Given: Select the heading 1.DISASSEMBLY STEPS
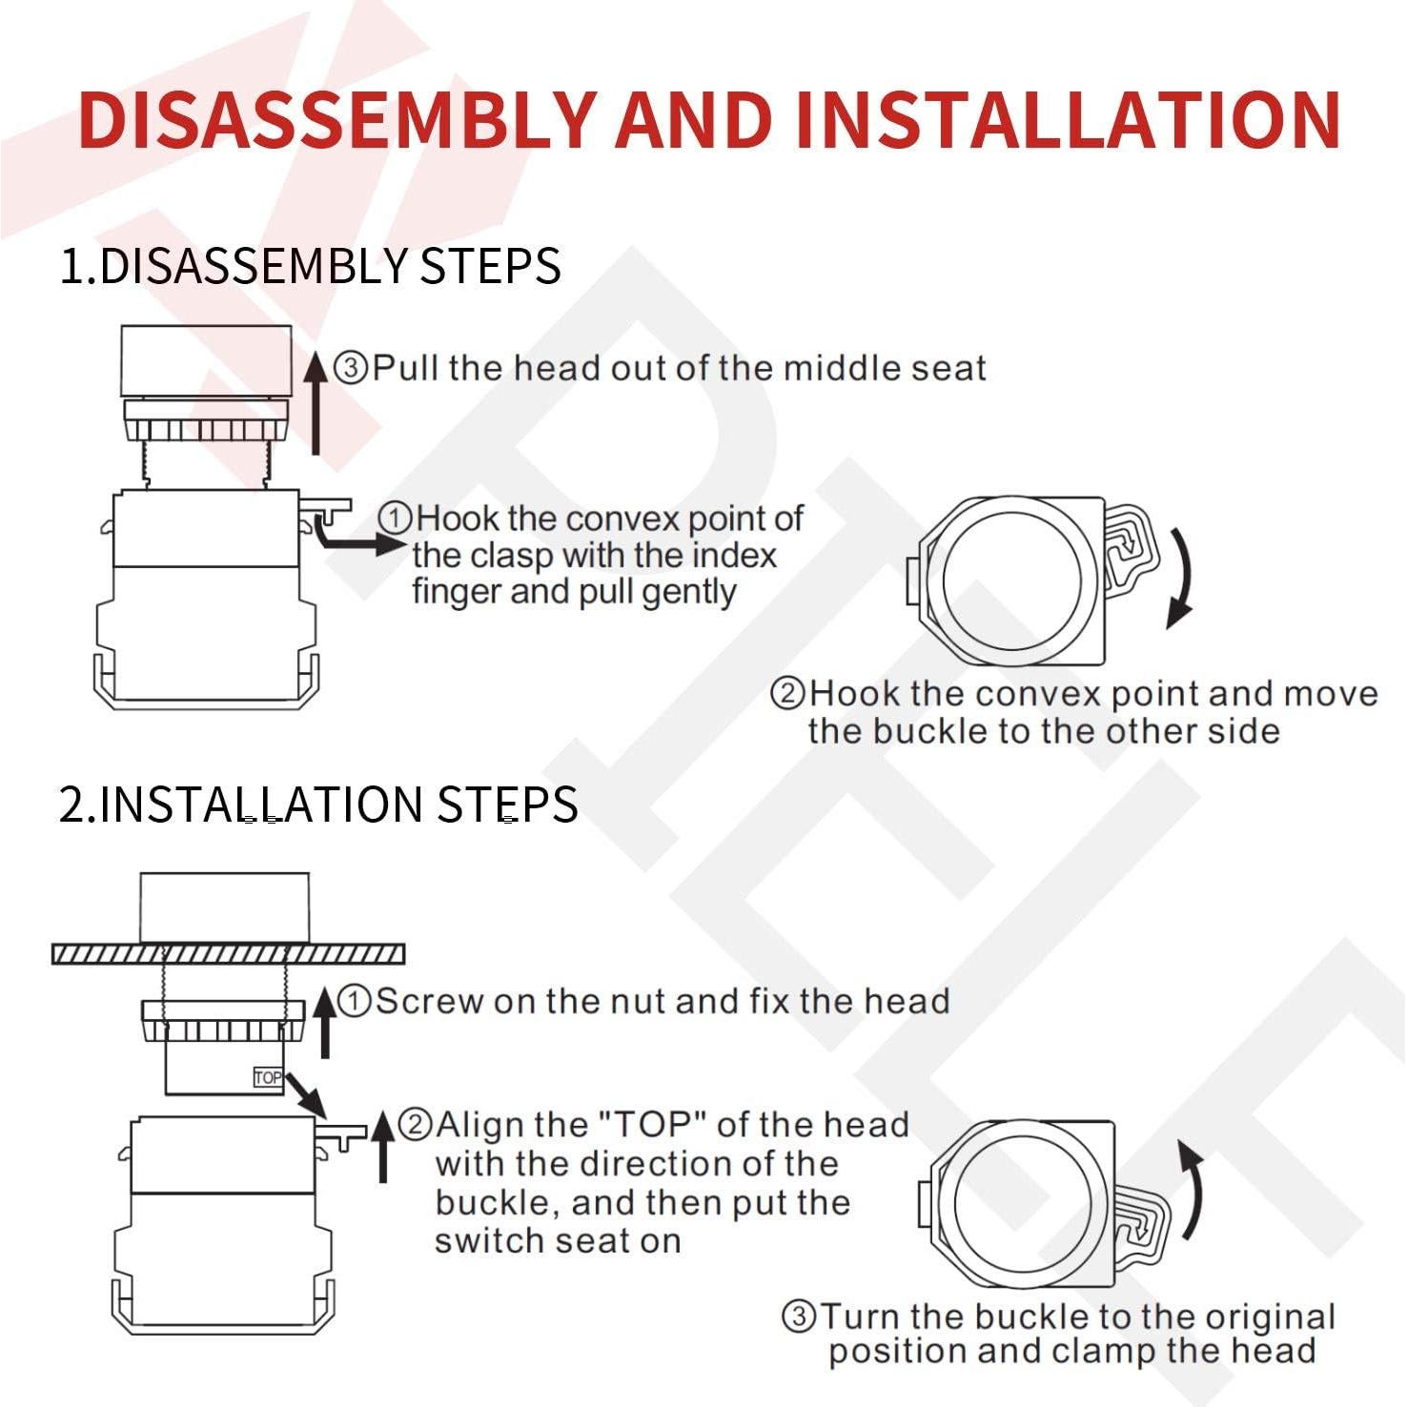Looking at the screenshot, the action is (x=310, y=265).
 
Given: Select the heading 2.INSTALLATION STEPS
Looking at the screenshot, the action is (x=318, y=804).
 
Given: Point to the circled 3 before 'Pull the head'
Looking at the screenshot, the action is (x=351, y=367).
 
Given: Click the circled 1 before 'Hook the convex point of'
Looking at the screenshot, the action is (x=395, y=519).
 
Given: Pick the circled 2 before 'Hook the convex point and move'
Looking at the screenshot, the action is (x=787, y=693).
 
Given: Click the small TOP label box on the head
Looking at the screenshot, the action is (x=268, y=1077).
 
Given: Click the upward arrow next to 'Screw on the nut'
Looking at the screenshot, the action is (x=325, y=1023).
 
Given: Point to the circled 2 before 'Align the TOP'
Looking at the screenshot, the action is (x=415, y=1125).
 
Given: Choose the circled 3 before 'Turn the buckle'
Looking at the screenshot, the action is (x=799, y=1316).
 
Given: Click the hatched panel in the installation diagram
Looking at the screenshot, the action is (x=228, y=953).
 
